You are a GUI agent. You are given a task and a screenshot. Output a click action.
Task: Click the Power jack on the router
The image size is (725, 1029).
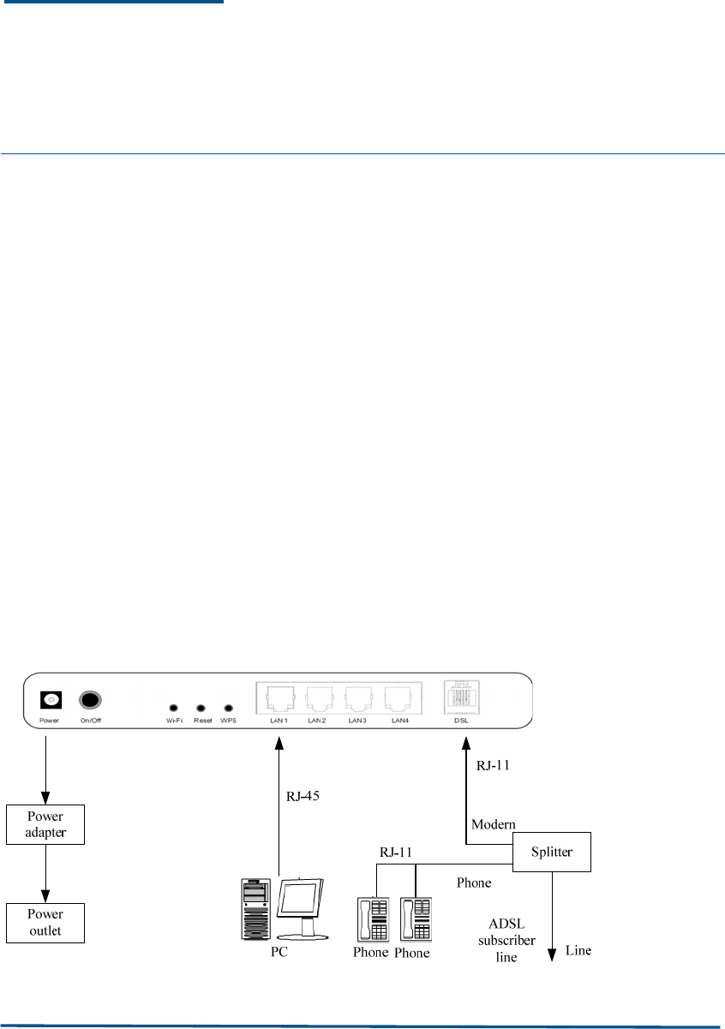coord(51,700)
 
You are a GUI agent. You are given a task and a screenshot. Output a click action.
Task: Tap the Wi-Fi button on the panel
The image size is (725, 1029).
coord(174,709)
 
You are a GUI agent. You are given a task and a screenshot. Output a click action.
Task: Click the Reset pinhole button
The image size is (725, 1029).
coord(201,709)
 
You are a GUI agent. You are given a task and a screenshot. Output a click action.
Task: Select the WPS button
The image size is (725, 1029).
coord(228,709)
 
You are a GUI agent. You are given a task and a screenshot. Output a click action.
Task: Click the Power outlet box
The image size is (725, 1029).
coord(45,922)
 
